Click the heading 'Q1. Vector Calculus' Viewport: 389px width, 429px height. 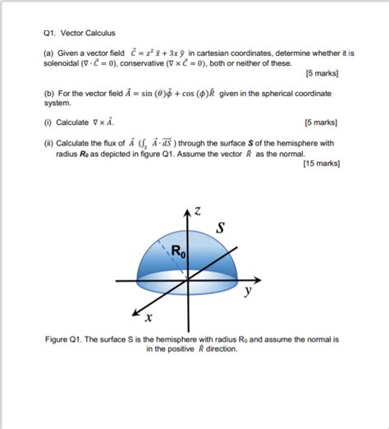point(79,34)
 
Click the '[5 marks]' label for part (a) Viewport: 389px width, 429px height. point(322,73)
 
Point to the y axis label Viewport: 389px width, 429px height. point(247,291)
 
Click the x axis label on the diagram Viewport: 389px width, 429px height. point(148,318)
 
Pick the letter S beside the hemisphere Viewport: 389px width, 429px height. point(221,226)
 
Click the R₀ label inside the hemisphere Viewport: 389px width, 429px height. point(179,252)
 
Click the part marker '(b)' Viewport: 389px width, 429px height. point(48,94)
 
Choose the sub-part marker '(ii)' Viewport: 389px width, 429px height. point(48,142)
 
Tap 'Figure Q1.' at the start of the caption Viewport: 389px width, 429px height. point(66,339)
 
